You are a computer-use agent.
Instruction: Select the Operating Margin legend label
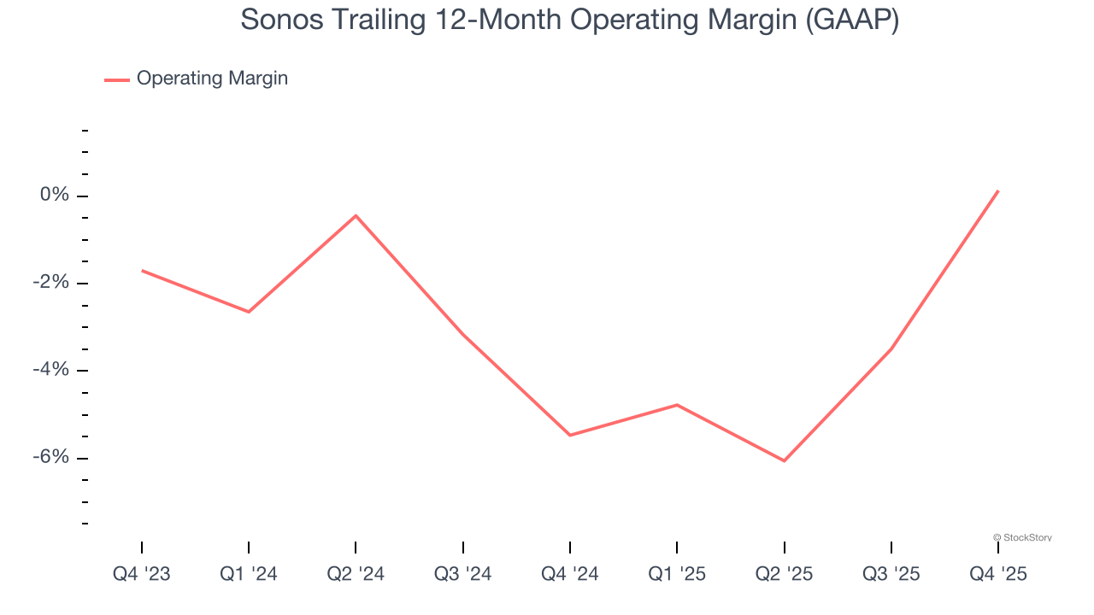pyautogui.click(x=212, y=79)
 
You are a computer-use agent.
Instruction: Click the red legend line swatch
pyautogui.click(x=117, y=79)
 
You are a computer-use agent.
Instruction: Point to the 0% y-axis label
pyautogui.click(x=54, y=196)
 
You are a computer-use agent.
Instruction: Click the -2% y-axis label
pyautogui.click(x=50, y=283)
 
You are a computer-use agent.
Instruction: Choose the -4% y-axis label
pyautogui.click(x=50, y=370)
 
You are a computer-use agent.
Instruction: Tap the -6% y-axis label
pyautogui.click(x=50, y=457)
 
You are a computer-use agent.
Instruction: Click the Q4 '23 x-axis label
pyautogui.click(x=142, y=574)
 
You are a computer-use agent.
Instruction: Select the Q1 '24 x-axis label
pyautogui.click(x=249, y=574)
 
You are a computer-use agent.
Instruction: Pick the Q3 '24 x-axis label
pyautogui.click(x=463, y=574)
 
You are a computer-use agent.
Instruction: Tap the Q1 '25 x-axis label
pyautogui.click(x=677, y=574)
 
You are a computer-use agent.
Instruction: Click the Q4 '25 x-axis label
pyautogui.click(x=998, y=574)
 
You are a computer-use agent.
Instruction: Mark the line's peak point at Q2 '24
pyautogui.click(x=356, y=215)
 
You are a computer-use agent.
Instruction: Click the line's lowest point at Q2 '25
pyautogui.click(x=784, y=461)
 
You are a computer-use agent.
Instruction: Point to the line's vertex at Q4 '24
pyautogui.click(x=570, y=436)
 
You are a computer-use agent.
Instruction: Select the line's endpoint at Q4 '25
pyautogui.click(x=998, y=190)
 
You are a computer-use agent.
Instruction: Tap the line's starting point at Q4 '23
pyautogui.click(x=142, y=271)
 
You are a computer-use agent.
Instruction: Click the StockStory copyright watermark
pyautogui.click(x=1022, y=537)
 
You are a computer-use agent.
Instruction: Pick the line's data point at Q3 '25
pyautogui.click(x=891, y=349)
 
